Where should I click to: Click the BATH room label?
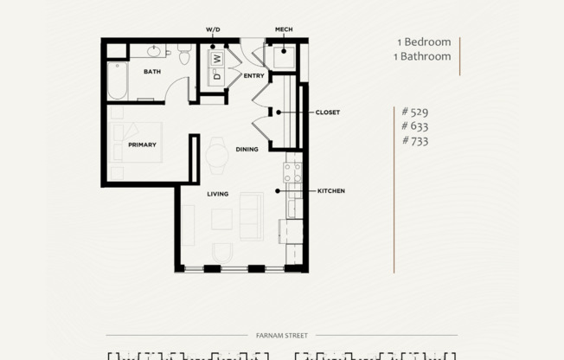coord(152,72)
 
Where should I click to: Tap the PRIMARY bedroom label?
coord(142,145)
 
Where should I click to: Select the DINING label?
coord(247,150)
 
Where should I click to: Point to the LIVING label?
coord(217,194)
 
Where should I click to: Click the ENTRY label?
coord(253,76)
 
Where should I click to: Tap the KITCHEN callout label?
coord(330,190)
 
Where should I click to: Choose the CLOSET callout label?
coord(327,112)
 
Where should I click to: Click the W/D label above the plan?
coord(213,29)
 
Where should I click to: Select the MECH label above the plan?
coord(284,29)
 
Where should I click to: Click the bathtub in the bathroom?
coord(118,80)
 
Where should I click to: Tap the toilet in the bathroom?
coord(184,55)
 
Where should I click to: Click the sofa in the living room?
coord(252,217)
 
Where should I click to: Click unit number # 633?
coord(415,125)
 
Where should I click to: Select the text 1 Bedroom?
coord(424,42)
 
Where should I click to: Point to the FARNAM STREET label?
coord(281,335)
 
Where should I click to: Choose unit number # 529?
coord(415,112)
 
